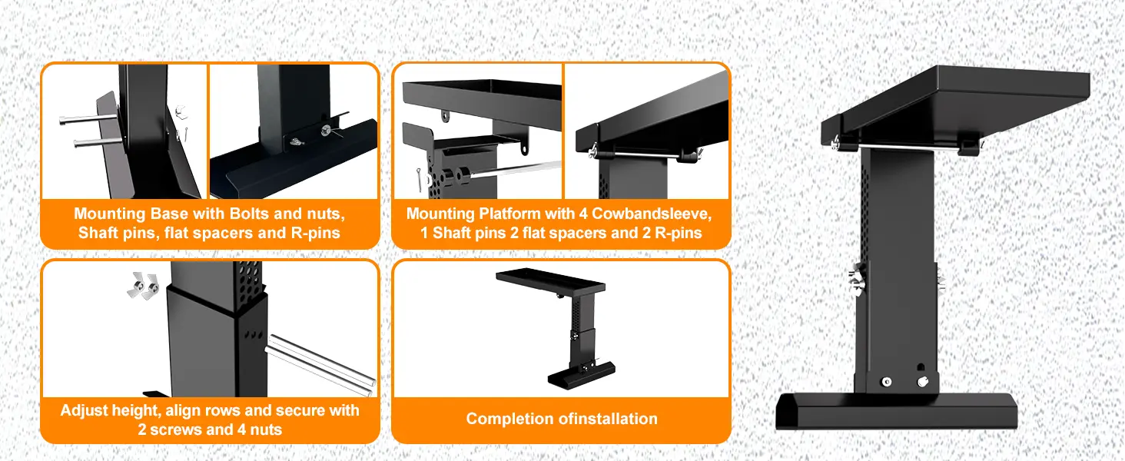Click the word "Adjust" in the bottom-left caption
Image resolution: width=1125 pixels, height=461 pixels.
pos(87,410)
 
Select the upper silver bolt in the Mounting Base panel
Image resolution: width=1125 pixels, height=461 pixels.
pos(88,118)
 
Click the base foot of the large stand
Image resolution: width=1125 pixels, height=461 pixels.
pos(896,411)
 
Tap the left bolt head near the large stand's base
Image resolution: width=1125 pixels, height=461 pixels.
pos(887,382)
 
